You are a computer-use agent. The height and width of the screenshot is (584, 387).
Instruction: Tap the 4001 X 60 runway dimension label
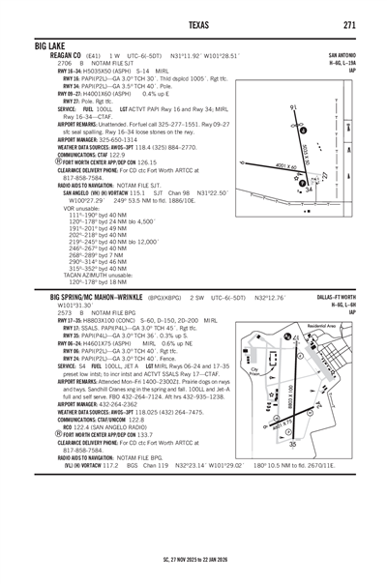click(x=285, y=166)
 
